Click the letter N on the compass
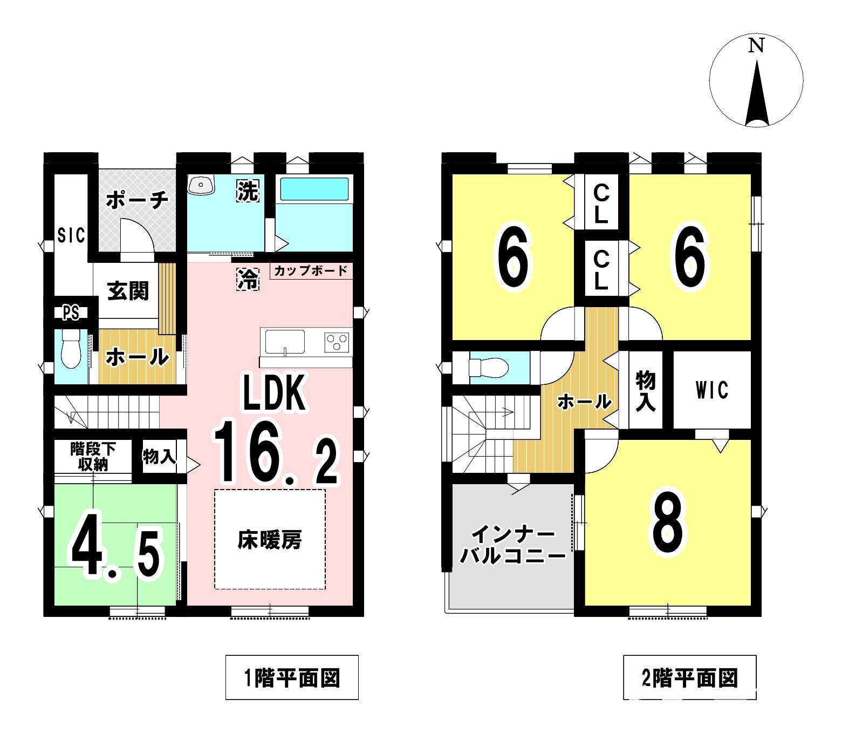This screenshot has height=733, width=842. coord(756,45)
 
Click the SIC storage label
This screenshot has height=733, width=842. coord(71,235)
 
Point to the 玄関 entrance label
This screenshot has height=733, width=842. coord(128,291)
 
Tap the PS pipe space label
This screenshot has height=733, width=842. coord(71,313)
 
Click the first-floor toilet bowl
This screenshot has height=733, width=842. coord(71,349)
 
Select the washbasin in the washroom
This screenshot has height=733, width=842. coord(201,185)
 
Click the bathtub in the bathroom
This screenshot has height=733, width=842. coord(314,189)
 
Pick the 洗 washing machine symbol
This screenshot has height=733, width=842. coord(248,191)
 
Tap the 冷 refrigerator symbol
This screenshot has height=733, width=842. coord(248,279)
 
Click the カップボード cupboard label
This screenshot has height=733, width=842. coord(311,271)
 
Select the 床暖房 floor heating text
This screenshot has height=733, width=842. coord(270,540)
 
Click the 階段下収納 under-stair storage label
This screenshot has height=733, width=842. coord(93,456)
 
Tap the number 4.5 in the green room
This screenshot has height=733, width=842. coord(117,545)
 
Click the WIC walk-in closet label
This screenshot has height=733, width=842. coord(712,390)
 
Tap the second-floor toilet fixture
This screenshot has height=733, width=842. coord(489,368)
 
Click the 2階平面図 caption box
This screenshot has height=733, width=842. coord(690,677)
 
